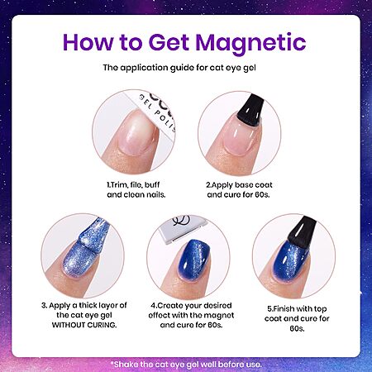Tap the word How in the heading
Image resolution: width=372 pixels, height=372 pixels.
[88, 42]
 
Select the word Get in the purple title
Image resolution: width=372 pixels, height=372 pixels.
[169, 42]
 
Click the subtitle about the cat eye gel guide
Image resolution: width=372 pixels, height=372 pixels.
[179, 68]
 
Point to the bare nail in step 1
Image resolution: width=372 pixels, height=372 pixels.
[137, 131]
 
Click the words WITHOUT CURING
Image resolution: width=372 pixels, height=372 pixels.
[84, 325]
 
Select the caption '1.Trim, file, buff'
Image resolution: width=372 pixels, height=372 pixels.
[133, 185]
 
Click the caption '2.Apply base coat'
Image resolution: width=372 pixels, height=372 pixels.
[239, 185]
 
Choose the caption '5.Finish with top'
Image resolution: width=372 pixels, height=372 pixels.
[297, 309]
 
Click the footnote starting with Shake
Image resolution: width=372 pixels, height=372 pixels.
[186, 365]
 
